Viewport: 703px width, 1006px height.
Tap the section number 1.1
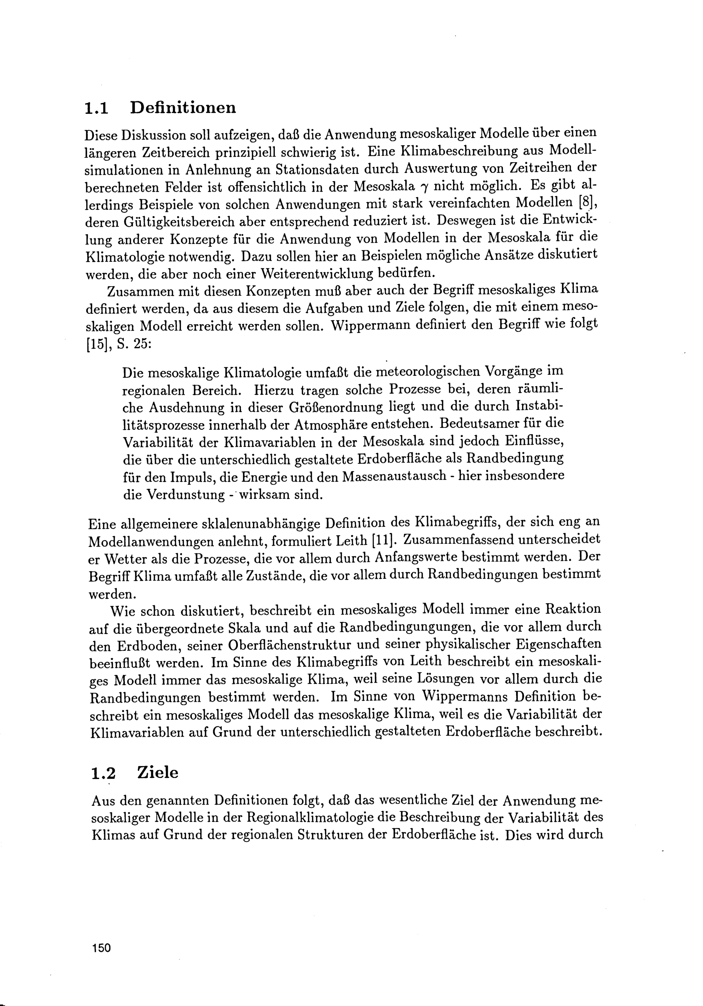[x=96, y=108]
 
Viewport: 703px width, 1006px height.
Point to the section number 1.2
[x=103, y=773]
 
